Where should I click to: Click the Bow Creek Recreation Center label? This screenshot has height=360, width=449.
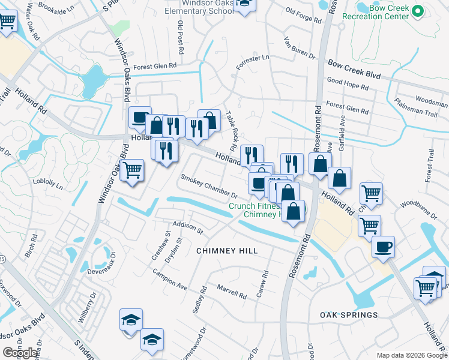[x=375, y=13]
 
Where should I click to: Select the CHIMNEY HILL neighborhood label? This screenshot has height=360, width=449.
[x=227, y=251]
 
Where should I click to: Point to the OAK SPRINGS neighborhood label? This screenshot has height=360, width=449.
[x=349, y=315]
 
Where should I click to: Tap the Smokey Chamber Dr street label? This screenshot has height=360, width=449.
[x=209, y=186]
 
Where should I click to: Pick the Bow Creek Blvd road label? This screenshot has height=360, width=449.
[x=354, y=68]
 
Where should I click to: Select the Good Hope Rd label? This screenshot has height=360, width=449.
[x=348, y=86]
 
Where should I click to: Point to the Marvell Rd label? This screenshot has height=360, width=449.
[x=232, y=292]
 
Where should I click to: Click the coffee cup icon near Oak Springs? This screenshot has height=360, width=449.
[x=384, y=246]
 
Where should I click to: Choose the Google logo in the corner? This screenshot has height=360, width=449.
[x=20, y=353]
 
